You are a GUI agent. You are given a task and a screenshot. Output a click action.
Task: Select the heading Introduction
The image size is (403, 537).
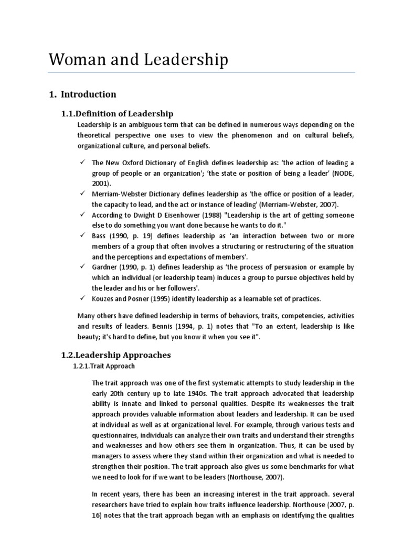click(x=88, y=94)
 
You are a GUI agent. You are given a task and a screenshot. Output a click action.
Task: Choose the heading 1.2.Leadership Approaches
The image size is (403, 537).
click(x=116, y=355)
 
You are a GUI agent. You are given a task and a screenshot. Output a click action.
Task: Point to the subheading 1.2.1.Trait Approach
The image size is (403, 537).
click(x=103, y=366)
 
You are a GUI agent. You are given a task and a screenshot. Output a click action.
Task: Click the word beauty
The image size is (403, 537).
click(x=89, y=337)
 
